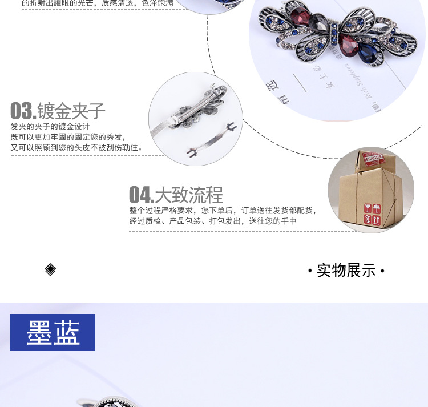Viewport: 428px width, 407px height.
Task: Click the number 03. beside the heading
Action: pos(23,111)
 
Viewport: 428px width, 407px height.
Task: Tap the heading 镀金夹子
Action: pos(71,111)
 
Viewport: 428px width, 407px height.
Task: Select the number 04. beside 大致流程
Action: pos(141,195)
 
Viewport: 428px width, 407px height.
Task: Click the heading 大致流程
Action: pos(189,195)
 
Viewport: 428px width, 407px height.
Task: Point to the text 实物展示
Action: pos(346,270)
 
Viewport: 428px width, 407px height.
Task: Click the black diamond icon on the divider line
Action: pos(50,269)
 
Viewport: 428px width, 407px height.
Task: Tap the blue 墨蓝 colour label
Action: pos(53,332)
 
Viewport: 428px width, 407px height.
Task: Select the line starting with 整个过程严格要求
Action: pos(223,210)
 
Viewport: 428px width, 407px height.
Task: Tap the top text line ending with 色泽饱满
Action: pos(97,3)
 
